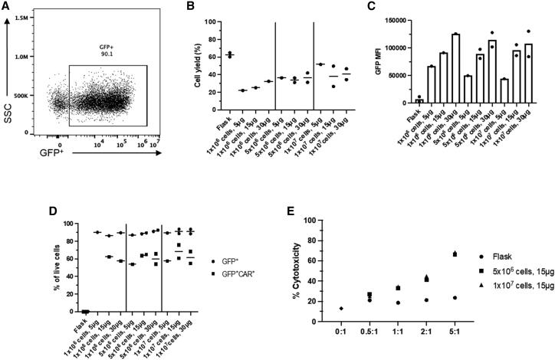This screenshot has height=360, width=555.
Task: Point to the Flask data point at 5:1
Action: click(x=433, y=298)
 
